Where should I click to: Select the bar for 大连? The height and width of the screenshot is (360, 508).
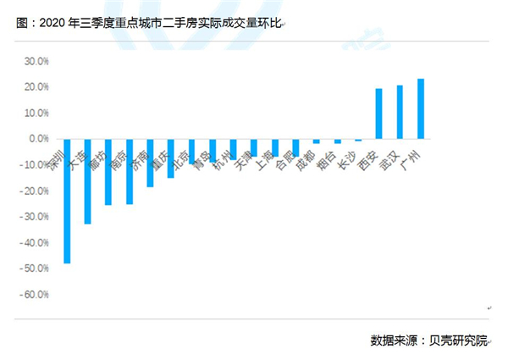click(87, 181)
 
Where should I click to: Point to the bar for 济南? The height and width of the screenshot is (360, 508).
click(150, 163)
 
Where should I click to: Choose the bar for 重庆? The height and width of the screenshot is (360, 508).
click(170, 158)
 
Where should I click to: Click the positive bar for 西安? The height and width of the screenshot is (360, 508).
click(378, 114)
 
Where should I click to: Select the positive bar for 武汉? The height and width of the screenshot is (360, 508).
click(400, 112)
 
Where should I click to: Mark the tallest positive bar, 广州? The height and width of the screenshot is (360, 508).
click(421, 108)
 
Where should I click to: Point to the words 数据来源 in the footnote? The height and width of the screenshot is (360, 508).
click(395, 341)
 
